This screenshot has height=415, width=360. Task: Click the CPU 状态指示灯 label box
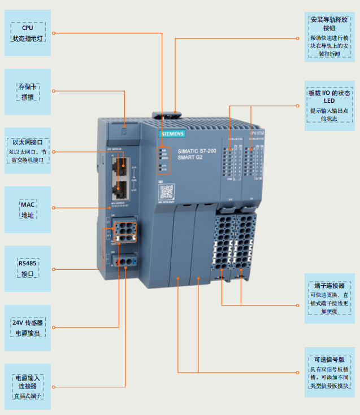(28, 33)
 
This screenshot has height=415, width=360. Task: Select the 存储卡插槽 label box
(28, 92)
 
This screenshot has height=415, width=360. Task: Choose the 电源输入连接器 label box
(28, 386)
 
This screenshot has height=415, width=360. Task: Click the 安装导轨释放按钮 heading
(329, 23)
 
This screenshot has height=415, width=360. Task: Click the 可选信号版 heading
(329, 359)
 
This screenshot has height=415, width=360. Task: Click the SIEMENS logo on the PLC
(172, 134)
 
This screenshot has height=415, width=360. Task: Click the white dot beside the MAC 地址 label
(54, 208)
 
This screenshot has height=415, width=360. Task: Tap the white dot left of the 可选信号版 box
(297, 372)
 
